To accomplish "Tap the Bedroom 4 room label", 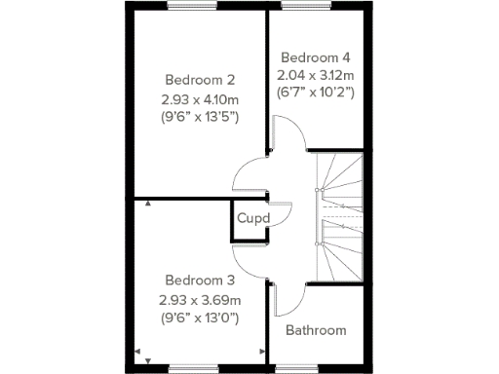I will point(314,56).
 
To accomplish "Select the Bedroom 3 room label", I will point(200,280).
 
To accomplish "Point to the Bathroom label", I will point(315,330).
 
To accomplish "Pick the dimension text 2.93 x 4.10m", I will point(200,98).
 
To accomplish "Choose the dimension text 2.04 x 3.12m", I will point(314,74).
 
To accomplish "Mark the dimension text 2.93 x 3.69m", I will point(200,299).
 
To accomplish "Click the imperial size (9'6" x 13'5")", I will point(200,117).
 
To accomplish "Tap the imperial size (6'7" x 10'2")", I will point(314,93).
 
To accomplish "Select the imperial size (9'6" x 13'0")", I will point(200,318).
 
